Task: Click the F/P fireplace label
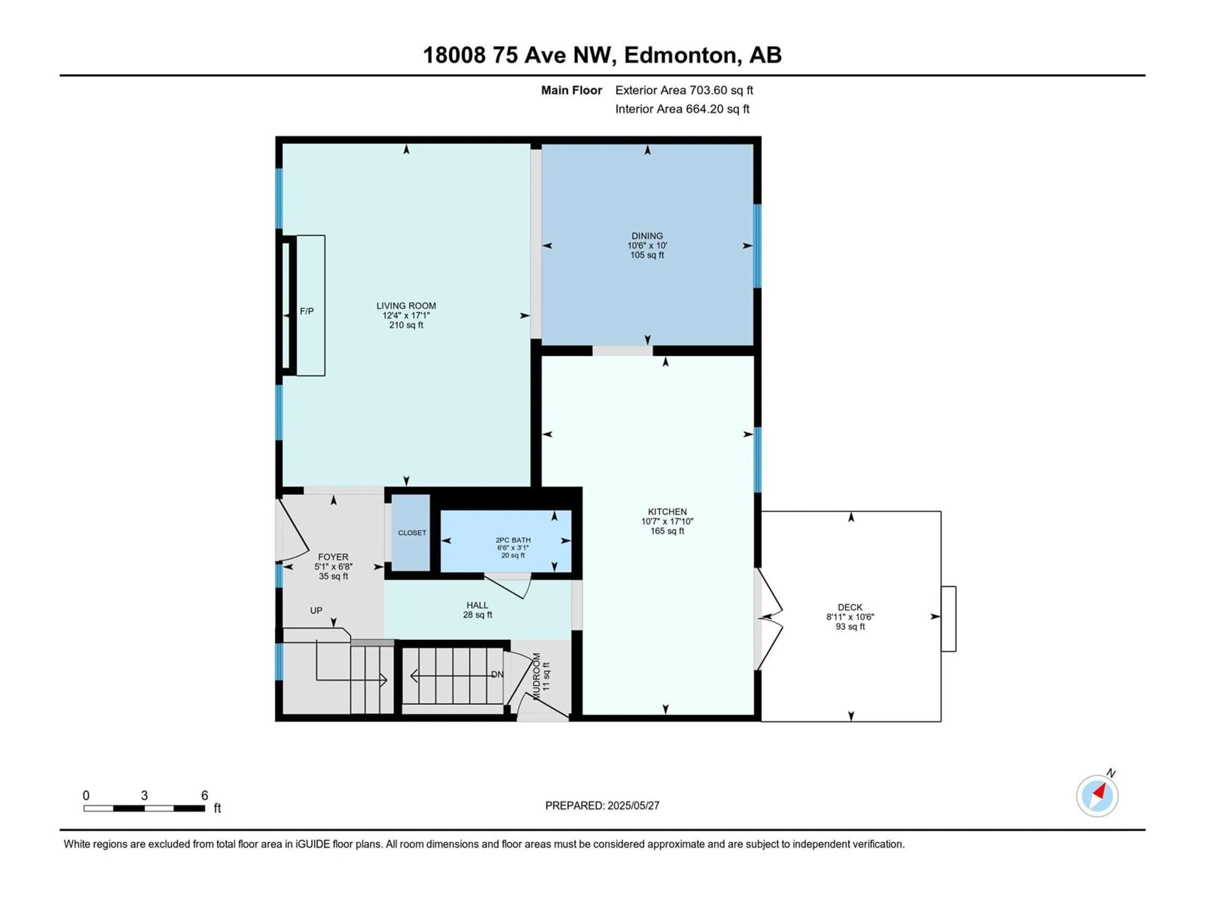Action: tap(307, 311)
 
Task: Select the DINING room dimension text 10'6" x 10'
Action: tap(647, 246)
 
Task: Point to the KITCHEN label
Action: tap(667, 512)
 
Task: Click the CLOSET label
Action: tap(412, 533)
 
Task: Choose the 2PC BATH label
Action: tap(513, 540)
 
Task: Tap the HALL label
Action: tap(477, 605)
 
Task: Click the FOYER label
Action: tap(333, 557)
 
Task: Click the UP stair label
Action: tap(316, 611)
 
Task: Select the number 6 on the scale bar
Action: tap(205, 795)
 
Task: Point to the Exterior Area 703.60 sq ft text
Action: tap(684, 90)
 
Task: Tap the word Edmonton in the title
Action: tap(681, 55)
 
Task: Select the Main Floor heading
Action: tap(571, 90)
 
